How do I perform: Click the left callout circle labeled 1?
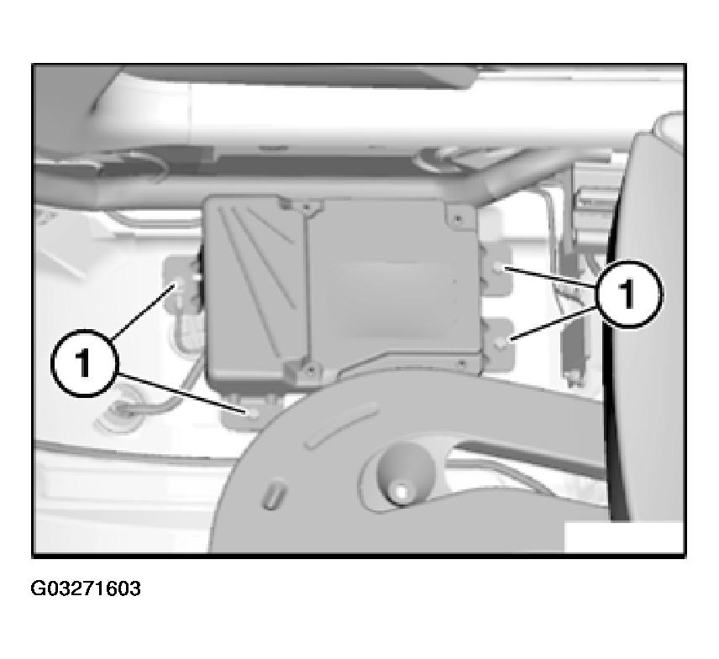click(84, 363)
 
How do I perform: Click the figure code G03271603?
click(86, 588)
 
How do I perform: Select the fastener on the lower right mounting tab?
click(503, 341)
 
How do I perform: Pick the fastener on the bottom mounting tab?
click(254, 414)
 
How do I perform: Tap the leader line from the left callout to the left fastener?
click(142, 312)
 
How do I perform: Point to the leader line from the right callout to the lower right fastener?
click(554, 323)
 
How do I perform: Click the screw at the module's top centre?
click(306, 208)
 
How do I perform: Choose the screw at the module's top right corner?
click(458, 218)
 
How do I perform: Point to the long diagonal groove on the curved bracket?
click(342, 425)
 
